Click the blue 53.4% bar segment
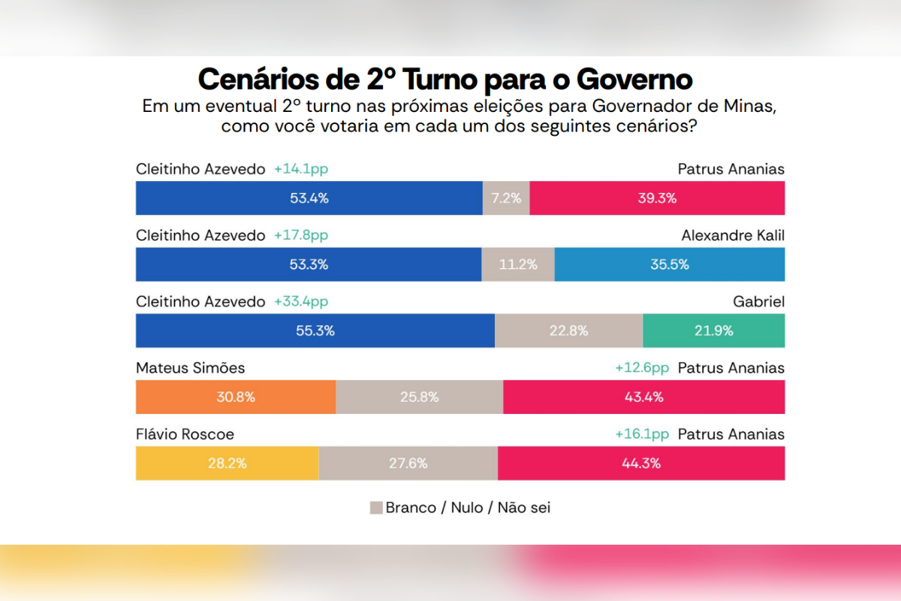tap(309, 198)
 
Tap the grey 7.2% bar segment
tap(506, 198)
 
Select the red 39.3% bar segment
tap(657, 198)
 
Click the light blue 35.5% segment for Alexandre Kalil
tap(670, 264)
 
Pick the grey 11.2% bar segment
tap(518, 264)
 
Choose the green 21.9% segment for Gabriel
tap(714, 331)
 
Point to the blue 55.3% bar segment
tap(315, 331)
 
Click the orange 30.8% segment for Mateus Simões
tap(236, 397)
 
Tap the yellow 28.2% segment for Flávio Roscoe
tap(228, 464)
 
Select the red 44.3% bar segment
tap(641, 464)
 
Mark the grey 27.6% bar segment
tap(408, 464)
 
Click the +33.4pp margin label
tap(301, 301)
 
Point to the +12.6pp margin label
tap(642, 368)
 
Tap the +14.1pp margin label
tap(301, 169)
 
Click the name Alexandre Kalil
tap(733, 235)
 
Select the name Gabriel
tap(758, 301)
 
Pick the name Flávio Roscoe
tap(185, 434)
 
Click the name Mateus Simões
tap(190, 368)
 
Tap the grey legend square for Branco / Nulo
tap(376, 508)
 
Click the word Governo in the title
tap(634, 80)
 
